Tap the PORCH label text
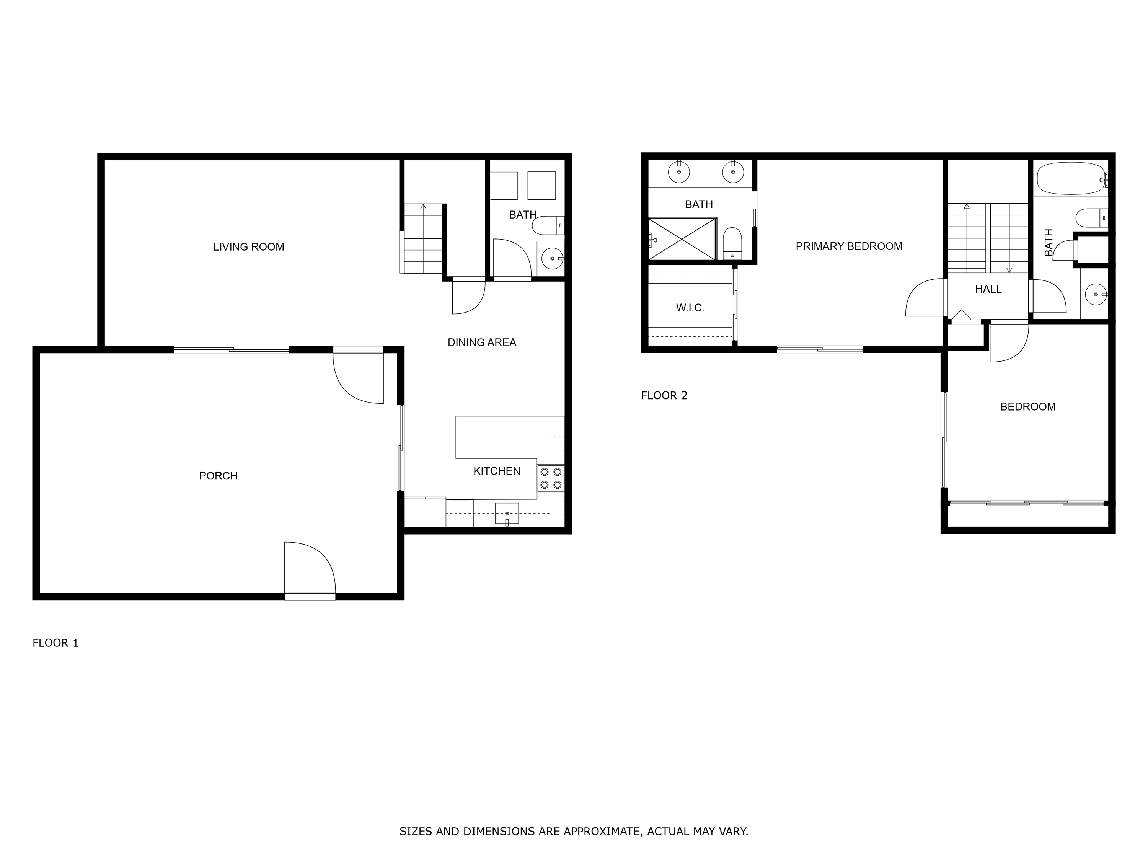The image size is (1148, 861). point(218,476)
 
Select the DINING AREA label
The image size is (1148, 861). point(482,342)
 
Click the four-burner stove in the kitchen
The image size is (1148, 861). point(551,478)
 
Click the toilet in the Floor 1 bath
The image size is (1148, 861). point(548,226)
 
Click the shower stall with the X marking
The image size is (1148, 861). point(682,239)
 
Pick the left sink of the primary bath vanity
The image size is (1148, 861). point(679,172)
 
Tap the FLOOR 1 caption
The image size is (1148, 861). point(55,643)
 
